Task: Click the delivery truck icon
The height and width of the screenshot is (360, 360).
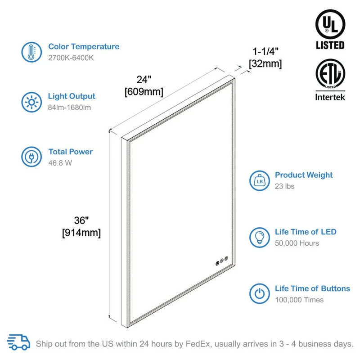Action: click(19, 343)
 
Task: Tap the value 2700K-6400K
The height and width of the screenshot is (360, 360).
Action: click(71, 58)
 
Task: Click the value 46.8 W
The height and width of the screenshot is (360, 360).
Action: click(60, 163)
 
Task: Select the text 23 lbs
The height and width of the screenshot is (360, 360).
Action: click(285, 186)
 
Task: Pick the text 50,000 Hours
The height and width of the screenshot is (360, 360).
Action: click(297, 243)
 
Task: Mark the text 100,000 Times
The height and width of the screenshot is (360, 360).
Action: click(299, 300)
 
